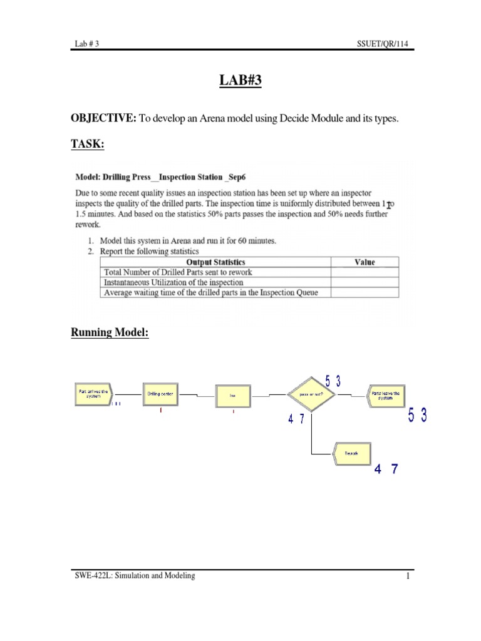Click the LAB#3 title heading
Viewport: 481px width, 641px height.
pyautogui.click(x=240, y=82)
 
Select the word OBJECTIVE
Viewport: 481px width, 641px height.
pyautogui.click(x=103, y=118)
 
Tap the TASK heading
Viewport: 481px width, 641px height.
pyautogui.click(x=87, y=145)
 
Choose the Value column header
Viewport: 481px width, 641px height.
pyautogui.click(x=365, y=262)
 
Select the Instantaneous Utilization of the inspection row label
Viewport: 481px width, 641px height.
pyautogui.click(x=173, y=282)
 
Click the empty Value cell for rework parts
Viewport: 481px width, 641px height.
pyautogui.click(x=365, y=272)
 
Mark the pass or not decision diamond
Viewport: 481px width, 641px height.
pyautogui.click(x=311, y=395)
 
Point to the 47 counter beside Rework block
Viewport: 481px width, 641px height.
pyautogui.click(x=385, y=469)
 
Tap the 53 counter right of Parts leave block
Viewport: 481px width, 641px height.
pyautogui.click(x=418, y=415)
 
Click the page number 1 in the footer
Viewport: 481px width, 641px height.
pyautogui.click(x=406, y=577)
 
